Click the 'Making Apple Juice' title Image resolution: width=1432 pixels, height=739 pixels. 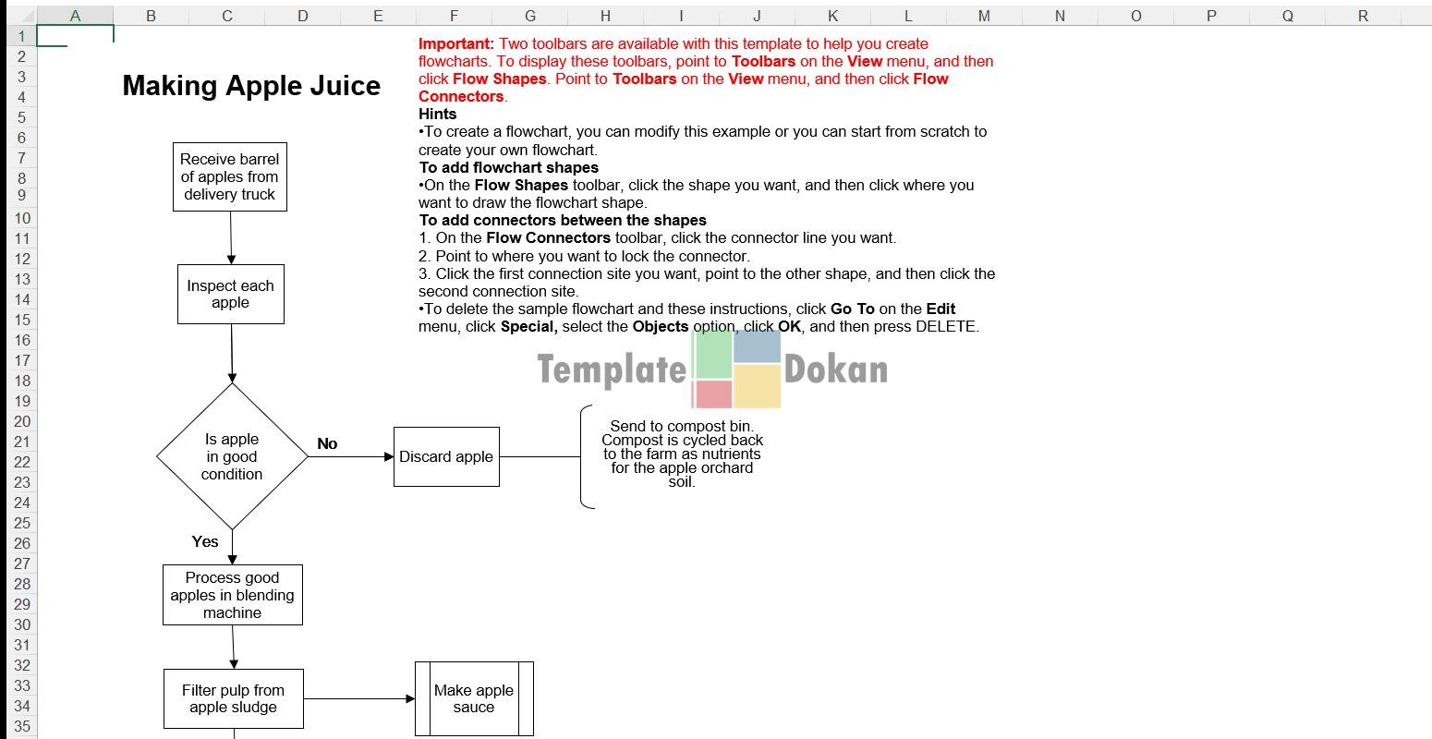click(x=251, y=86)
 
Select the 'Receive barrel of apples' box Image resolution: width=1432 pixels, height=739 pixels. click(x=230, y=177)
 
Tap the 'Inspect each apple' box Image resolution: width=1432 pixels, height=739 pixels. click(x=231, y=294)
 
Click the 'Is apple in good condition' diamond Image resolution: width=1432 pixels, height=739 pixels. click(x=232, y=456)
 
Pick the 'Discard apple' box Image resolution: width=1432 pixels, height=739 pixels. click(x=446, y=457)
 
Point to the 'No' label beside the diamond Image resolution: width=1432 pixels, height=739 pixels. click(x=327, y=443)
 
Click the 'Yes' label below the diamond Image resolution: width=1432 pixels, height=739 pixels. click(x=205, y=541)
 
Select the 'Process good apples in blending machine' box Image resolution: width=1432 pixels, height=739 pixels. click(x=233, y=595)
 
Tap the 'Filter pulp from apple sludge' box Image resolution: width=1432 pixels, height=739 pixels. click(x=234, y=698)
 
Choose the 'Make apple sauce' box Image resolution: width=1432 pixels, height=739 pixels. click(x=474, y=698)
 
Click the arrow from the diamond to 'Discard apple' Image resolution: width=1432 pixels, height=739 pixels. click(x=351, y=457)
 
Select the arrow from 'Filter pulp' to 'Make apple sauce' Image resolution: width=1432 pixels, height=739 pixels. click(x=359, y=698)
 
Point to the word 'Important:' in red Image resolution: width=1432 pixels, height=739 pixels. click(x=456, y=44)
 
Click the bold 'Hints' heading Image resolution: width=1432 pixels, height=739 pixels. click(x=437, y=114)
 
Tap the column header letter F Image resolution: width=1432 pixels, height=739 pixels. click(x=454, y=16)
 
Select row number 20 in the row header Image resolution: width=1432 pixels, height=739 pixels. click(x=22, y=421)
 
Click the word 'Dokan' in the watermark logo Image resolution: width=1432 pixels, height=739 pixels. click(x=835, y=369)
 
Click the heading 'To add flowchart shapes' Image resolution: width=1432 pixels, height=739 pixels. click(x=509, y=167)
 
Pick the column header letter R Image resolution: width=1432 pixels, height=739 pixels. click(x=1363, y=16)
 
